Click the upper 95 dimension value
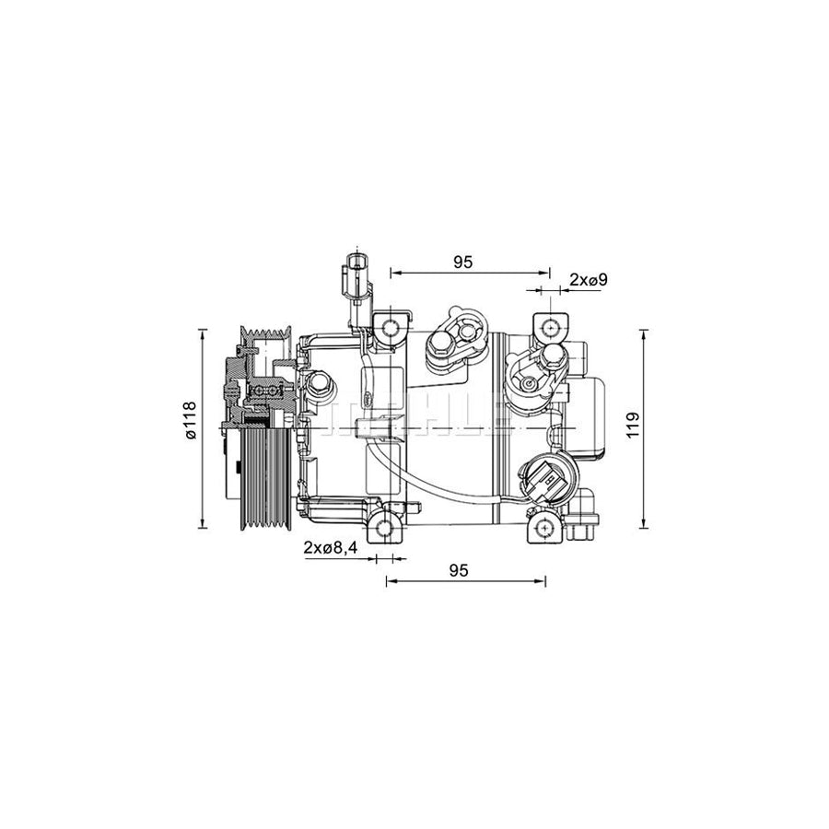click(x=462, y=262)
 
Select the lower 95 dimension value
click(x=459, y=570)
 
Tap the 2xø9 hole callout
click(x=588, y=279)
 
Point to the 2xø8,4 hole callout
click(x=330, y=548)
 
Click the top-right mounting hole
click(x=551, y=327)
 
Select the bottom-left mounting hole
click(x=386, y=530)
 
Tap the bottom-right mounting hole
click(x=546, y=530)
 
